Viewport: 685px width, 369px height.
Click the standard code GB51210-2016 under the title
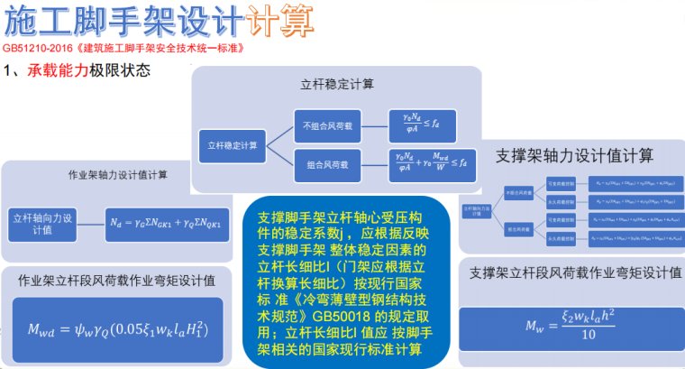coord(36,47)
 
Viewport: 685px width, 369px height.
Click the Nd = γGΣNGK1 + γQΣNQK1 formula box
coord(168,221)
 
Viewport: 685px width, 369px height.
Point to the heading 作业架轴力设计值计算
coord(117,174)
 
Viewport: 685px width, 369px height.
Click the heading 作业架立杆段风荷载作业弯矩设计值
coord(117,281)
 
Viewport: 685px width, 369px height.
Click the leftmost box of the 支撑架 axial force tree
coord(479,210)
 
